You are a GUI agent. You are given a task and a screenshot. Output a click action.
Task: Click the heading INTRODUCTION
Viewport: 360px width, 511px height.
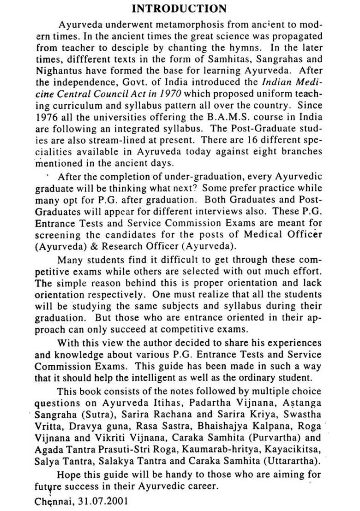pyautogui.click(x=179, y=9)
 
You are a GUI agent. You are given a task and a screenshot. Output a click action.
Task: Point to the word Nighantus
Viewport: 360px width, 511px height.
pyautogui.click(x=57, y=71)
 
